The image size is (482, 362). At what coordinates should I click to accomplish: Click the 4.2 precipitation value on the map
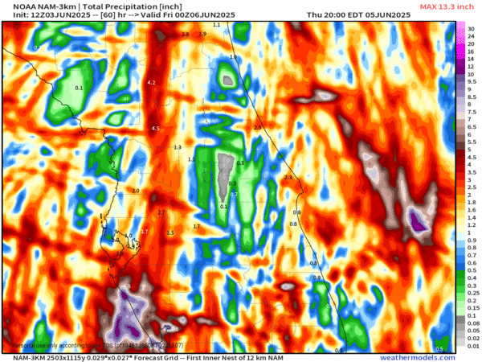(151, 83)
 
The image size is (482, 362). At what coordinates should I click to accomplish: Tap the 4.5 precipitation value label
(156, 128)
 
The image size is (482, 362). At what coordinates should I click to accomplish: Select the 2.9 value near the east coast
(258, 128)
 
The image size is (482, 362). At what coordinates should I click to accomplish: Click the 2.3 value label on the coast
(288, 177)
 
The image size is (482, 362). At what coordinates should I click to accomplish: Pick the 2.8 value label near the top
(186, 35)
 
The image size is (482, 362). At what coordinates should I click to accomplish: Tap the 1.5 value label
(170, 232)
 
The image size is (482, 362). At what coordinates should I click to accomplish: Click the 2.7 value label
(161, 212)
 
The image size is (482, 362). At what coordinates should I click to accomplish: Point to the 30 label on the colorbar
(472, 28)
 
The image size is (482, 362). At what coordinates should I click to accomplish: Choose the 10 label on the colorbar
(472, 74)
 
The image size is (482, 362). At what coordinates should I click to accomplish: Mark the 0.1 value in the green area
(79, 87)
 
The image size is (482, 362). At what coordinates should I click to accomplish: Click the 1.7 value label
(196, 227)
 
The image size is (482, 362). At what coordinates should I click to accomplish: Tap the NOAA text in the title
(13, 6)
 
